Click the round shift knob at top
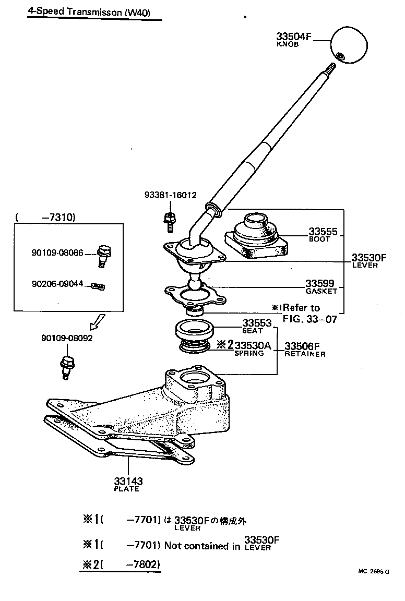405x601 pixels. [x=348, y=45]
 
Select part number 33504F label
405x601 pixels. [x=293, y=37]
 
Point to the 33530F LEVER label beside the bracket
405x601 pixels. [x=368, y=259]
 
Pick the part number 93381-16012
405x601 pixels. [x=170, y=195]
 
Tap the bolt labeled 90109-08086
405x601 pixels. [x=104, y=255]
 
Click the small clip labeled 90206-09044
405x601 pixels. [x=98, y=286]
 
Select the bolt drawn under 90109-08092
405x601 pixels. [x=67, y=366]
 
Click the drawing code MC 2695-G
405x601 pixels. [x=373, y=571]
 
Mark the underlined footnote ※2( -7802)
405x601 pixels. [x=120, y=564]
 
